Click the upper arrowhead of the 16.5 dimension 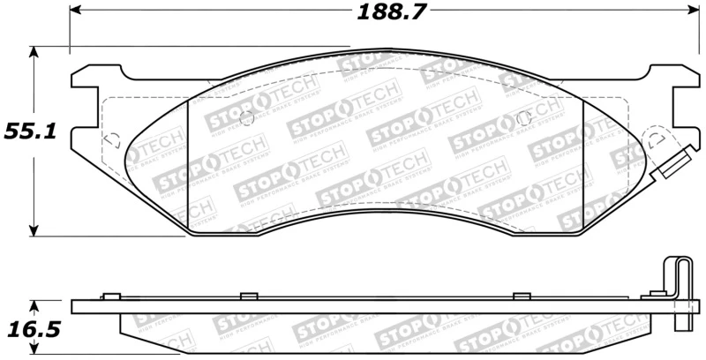point(34,307)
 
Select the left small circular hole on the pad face point(246,119)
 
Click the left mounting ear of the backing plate point(83,97)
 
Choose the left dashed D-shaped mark point(112,139)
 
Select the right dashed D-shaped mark point(657,139)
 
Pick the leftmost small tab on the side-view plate point(110,296)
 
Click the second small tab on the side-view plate point(248,296)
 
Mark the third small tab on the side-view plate point(521,296)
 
